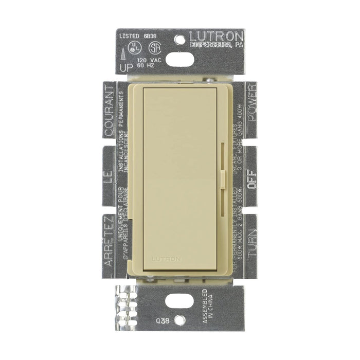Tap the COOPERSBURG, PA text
[216, 45]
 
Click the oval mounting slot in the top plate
[179, 60]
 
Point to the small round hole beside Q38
[179, 319]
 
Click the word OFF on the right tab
[251, 181]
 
